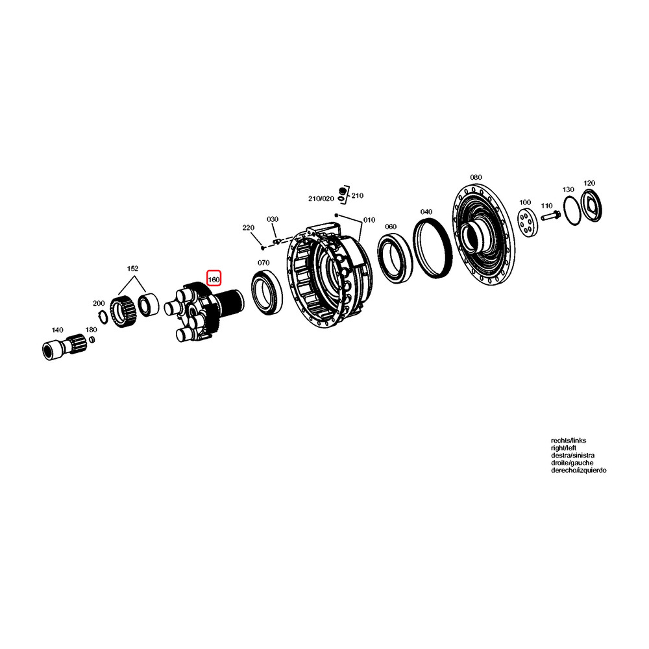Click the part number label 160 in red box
tap(214, 280)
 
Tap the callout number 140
tap(58, 330)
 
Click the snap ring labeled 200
tap(102, 316)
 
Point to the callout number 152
tap(132, 268)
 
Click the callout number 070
tap(263, 263)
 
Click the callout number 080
tap(476, 177)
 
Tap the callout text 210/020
tap(321, 198)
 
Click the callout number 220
tap(248, 228)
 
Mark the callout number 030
tap(272, 219)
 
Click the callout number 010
tap(369, 220)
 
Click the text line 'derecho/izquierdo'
tap(578, 470)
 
